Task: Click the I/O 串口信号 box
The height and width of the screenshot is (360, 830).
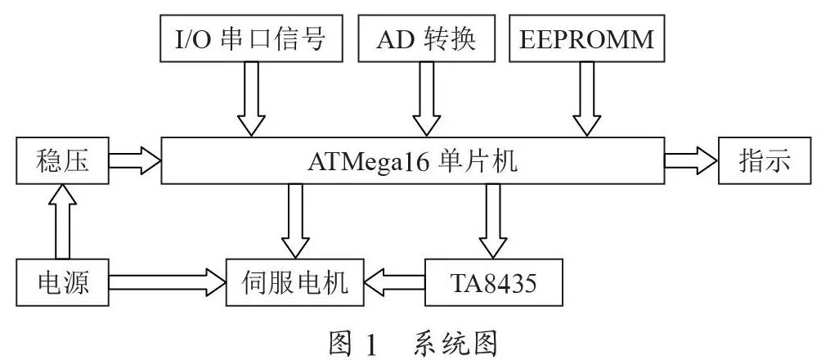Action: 249,38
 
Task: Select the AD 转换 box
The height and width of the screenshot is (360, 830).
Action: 426,38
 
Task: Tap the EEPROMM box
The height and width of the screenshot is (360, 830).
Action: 586,38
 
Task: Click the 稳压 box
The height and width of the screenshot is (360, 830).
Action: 62,161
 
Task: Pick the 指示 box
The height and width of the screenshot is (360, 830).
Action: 765,161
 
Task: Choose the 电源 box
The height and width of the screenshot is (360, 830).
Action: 62,282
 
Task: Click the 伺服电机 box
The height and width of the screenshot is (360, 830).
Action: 295,282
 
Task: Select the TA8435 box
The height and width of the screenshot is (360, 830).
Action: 493,282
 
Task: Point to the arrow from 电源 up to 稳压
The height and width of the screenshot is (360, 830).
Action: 62,221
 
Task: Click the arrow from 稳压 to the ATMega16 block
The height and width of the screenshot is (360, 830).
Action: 135,161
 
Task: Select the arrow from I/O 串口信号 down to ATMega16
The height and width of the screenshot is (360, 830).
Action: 251,99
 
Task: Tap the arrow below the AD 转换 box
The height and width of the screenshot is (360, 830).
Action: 426,99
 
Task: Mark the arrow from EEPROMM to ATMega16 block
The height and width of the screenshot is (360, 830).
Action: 586,99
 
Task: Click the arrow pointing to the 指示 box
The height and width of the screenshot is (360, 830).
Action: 691,161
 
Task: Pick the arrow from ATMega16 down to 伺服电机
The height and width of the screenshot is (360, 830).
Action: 295,221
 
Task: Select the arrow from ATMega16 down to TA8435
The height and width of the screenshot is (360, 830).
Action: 493,221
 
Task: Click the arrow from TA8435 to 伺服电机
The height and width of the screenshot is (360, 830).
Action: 394,282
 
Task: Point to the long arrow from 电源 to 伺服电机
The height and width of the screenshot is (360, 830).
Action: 168,282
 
